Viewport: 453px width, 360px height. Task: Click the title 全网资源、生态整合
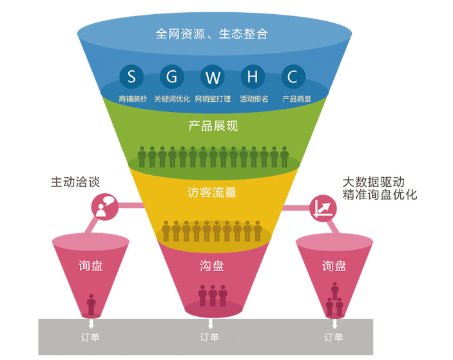click(x=211, y=33)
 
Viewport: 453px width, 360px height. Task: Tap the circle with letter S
click(x=132, y=77)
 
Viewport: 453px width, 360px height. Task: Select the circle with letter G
click(x=172, y=77)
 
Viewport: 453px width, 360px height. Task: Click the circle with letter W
click(x=213, y=77)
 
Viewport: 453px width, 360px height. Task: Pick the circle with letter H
click(x=253, y=77)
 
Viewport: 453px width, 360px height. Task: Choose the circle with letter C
click(x=293, y=77)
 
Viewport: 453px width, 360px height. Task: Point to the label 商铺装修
click(x=133, y=99)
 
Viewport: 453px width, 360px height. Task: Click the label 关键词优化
click(x=172, y=99)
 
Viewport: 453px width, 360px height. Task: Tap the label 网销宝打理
click(x=213, y=99)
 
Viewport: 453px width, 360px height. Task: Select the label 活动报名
click(x=253, y=99)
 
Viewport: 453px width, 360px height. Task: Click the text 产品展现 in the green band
click(x=213, y=126)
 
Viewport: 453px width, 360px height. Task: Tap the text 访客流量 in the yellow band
click(x=212, y=192)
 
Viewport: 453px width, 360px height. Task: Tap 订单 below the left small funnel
click(x=89, y=337)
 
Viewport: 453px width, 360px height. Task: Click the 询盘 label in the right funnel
click(x=334, y=265)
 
